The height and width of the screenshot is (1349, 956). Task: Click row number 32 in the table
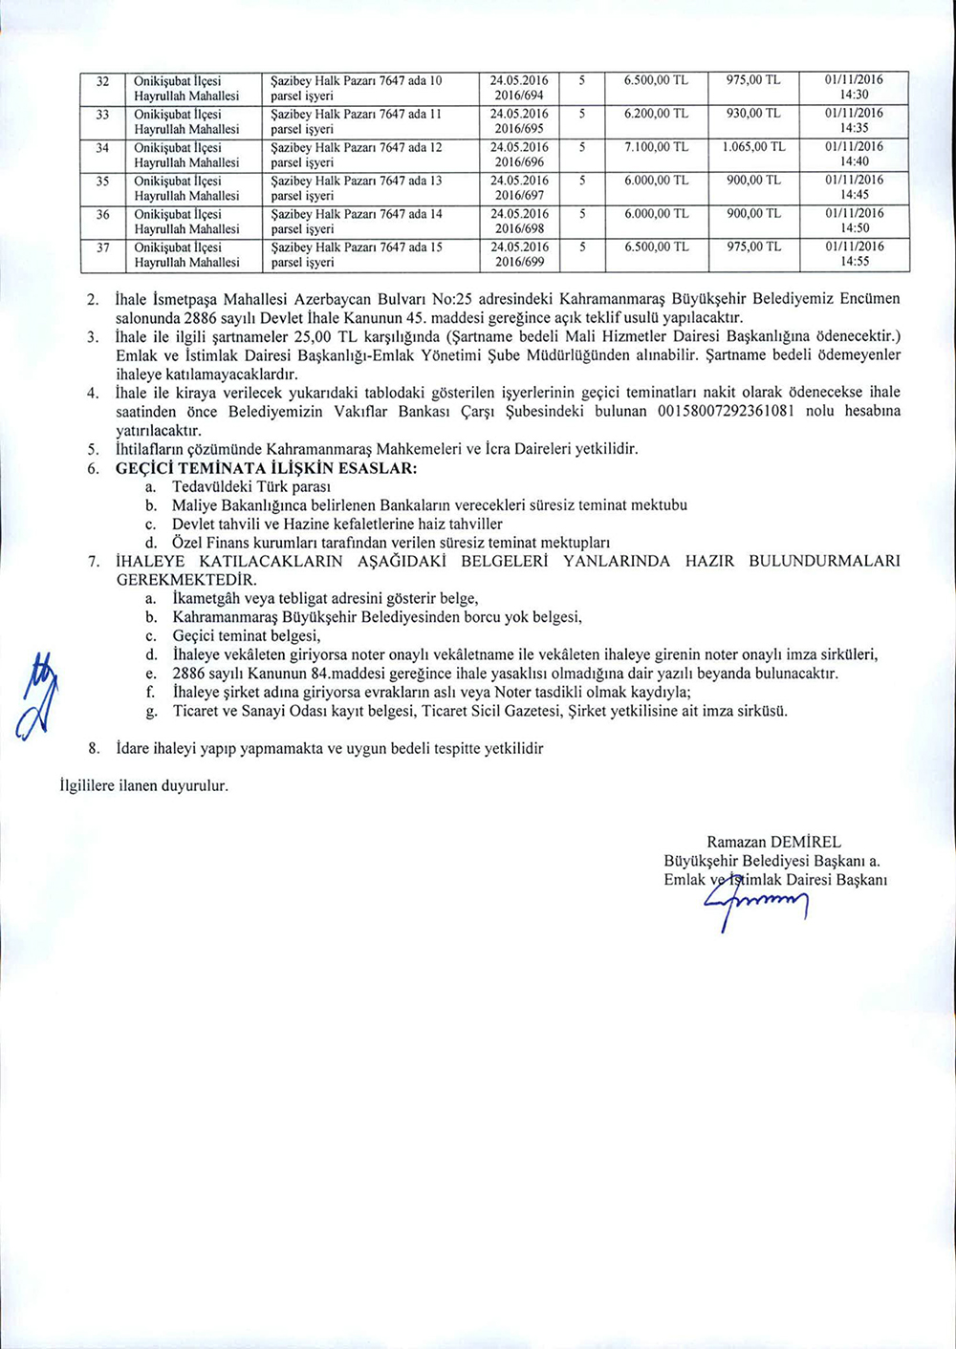point(103,80)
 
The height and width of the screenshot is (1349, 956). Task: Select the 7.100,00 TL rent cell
point(656,147)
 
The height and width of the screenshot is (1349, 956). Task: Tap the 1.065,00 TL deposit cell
point(752,147)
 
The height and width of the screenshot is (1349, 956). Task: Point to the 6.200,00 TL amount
point(656,114)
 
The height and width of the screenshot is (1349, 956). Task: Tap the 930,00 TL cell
point(752,114)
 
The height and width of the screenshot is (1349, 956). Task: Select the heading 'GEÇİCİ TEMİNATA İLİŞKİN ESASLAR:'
point(266,468)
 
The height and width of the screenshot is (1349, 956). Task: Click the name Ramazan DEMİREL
point(773,842)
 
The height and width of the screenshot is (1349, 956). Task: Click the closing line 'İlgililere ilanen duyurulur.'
point(144,785)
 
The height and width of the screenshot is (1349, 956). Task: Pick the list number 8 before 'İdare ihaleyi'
point(94,748)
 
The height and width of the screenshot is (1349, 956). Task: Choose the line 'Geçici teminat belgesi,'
point(247,635)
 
